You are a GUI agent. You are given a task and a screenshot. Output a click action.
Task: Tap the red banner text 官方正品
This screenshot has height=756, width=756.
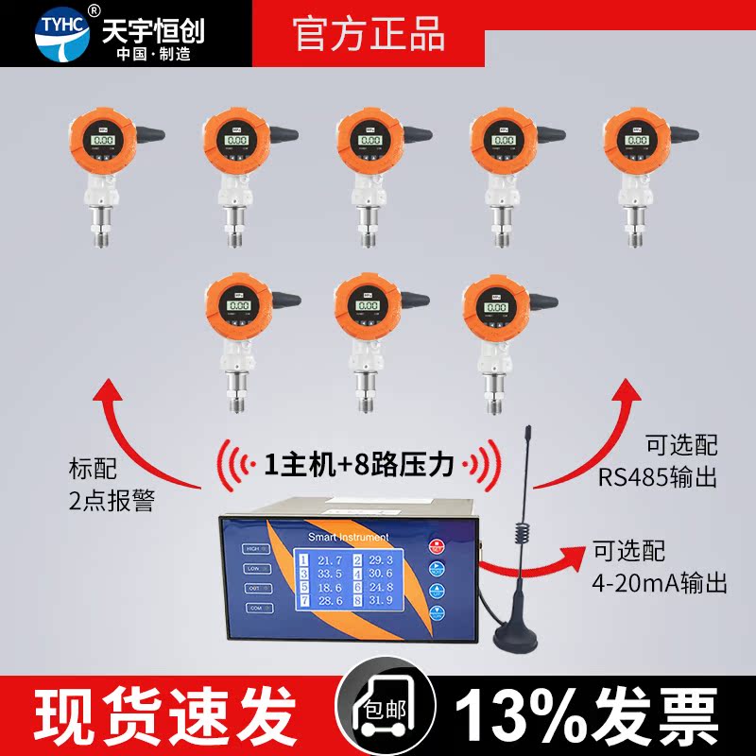[x=369, y=34]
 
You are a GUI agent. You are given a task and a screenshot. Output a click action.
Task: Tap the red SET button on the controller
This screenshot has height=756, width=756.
[x=438, y=545]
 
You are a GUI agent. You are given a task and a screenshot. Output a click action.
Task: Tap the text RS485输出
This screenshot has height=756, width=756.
[x=657, y=477]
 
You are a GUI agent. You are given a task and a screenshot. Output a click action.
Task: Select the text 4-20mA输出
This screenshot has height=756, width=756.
[x=660, y=584]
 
